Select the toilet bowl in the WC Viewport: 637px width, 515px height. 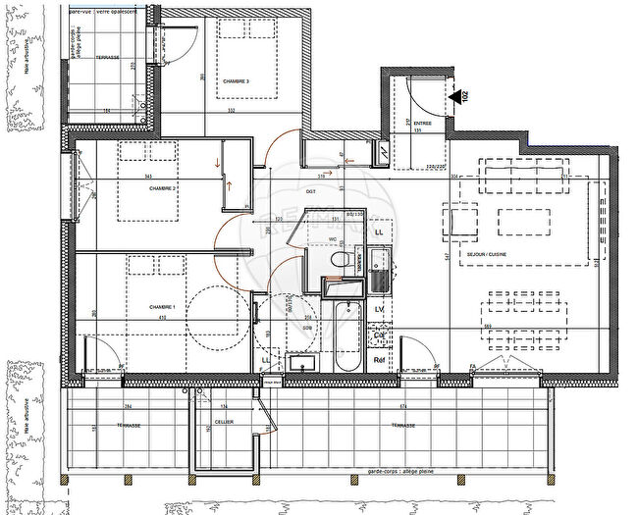click(x=340, y=260)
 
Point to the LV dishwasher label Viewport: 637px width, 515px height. click(x=378, y=309)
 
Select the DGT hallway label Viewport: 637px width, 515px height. click(x=311, y=191)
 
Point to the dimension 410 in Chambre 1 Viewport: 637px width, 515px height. click(x=168, y=319)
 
